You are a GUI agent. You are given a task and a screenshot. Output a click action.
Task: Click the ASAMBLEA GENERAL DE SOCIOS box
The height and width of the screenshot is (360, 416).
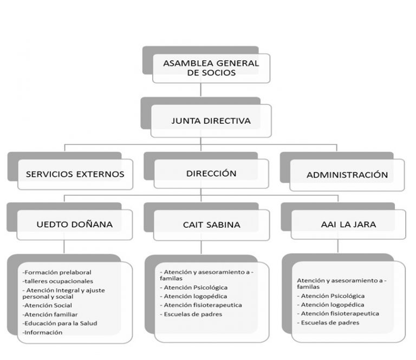click(211, 68)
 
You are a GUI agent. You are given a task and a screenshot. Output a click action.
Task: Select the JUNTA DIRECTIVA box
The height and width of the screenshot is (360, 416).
click(211, 121)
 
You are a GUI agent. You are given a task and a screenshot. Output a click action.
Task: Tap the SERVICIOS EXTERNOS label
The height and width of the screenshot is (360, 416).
click(75, 174)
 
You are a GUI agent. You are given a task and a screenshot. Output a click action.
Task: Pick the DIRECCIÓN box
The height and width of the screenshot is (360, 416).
click(211, 173)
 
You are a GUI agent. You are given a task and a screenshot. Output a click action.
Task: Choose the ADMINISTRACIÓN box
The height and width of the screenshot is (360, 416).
click(347, 175)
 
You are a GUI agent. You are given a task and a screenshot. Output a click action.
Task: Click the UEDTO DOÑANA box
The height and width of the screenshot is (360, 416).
click(75, 224)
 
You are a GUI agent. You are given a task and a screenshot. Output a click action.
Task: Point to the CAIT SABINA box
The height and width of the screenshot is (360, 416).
click(211, 225)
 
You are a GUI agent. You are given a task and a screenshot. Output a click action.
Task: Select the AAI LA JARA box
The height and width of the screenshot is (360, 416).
click(348, 224)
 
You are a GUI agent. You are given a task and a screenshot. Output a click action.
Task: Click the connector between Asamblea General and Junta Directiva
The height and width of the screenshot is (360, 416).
click(200, 90)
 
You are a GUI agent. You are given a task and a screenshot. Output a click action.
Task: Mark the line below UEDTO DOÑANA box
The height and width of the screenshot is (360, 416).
click(64, 247)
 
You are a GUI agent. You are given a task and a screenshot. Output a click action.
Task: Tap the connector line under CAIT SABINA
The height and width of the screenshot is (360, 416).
click(201, 247)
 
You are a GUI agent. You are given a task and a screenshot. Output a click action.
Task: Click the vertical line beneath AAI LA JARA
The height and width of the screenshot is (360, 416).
click(338, 246)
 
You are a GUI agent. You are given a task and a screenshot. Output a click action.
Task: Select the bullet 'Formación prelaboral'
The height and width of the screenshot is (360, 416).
click(57, 272)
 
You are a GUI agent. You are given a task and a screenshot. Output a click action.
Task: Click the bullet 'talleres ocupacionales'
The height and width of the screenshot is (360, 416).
click(58, 281)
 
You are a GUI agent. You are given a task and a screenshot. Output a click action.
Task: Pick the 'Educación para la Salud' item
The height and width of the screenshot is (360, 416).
click(60, 323)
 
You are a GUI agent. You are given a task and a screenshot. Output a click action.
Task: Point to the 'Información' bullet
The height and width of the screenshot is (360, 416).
click(42, 332)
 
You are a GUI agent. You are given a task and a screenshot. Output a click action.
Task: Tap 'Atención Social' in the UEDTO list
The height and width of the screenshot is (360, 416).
click(47, 306)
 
